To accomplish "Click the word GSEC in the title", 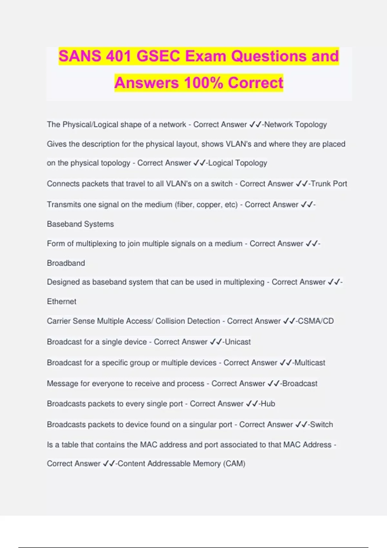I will [158, 56].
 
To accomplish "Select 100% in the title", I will [203, 83].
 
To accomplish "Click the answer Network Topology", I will [295, 124].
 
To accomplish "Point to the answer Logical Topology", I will [238, 163].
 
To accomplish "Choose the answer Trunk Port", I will [329, 184].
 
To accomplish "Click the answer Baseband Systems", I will [80, 224].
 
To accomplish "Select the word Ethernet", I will [62, 301].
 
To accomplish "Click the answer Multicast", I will [310, 363].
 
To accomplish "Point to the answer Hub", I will [268, 404].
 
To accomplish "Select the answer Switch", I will [321, 425].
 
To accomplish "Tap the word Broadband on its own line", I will [66, 263].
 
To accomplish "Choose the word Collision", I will [170, 321].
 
